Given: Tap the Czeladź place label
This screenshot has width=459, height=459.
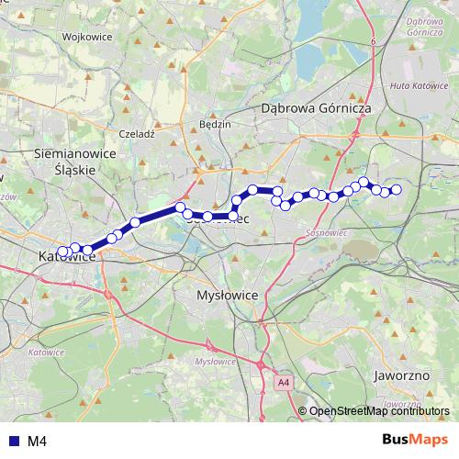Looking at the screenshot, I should tap(138, 133).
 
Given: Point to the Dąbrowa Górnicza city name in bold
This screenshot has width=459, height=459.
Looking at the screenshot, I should tap(316, 108).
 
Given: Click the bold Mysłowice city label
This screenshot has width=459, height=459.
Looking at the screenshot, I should tap(229, 296).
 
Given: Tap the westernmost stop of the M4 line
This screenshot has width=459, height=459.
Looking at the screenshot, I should tap(62, 252).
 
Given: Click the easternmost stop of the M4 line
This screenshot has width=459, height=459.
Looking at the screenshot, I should tap(397, 190).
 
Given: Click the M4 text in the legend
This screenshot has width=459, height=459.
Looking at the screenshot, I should tap(37, 442).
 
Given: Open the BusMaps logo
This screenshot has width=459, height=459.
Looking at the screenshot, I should tap(415, 441).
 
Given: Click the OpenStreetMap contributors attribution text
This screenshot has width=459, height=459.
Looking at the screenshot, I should tap(379, 411).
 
